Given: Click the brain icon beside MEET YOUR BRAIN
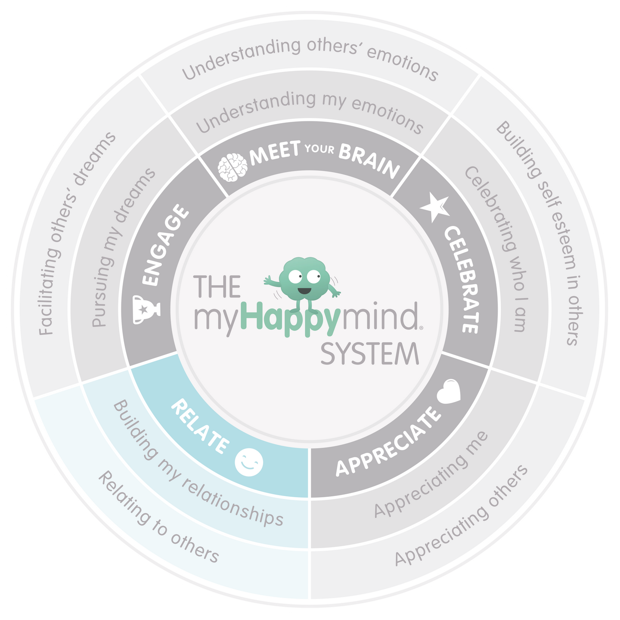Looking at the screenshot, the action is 232,167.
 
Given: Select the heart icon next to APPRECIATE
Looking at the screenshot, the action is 449,391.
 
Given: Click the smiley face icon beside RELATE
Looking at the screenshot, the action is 249,463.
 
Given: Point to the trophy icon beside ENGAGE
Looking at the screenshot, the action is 146,309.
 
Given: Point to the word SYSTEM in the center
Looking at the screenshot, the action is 370,354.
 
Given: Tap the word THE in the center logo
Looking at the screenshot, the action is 217,287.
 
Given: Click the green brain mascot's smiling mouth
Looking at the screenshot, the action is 304,291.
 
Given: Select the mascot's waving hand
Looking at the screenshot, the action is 267,281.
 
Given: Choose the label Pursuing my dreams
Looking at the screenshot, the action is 124,248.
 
